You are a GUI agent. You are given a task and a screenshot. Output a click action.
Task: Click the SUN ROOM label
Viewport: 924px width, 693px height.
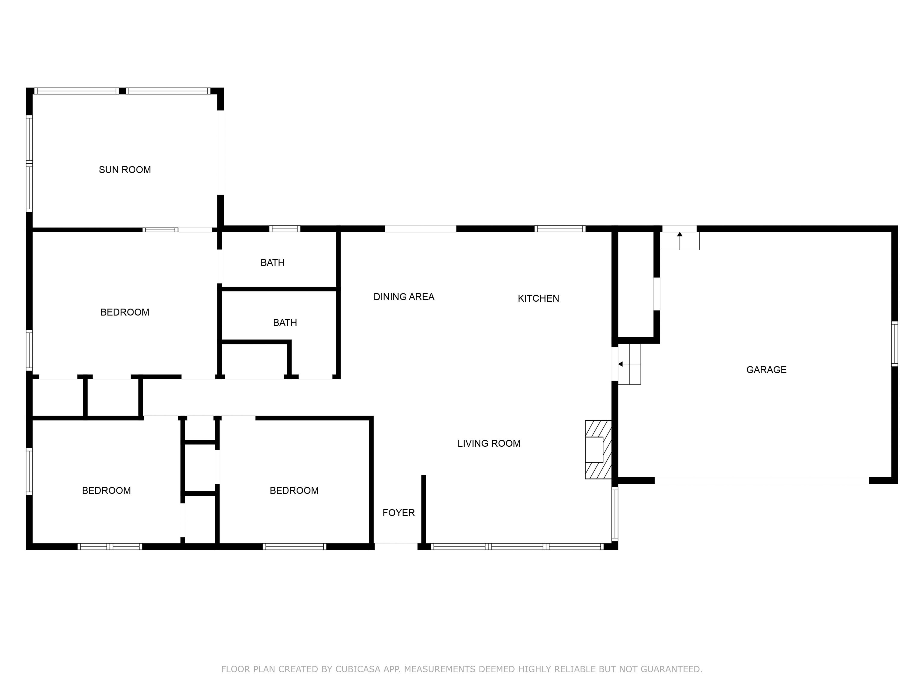(125, 170)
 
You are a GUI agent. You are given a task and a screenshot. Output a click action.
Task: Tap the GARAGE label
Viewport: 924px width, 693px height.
(766, 370)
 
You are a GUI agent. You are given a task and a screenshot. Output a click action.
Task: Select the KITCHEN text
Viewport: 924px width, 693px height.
(538, 298)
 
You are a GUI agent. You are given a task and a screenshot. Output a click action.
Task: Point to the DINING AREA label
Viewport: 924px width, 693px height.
(404, 297)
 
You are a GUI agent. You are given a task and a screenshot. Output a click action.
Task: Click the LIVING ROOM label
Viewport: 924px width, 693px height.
(489, 443)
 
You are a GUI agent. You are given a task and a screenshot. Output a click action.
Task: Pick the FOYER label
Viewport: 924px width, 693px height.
(399, 513)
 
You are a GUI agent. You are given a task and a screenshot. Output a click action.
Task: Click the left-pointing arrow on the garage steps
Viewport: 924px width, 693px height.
(629, 364)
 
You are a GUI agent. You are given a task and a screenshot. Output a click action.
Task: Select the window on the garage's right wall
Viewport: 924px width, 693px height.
(894, 344)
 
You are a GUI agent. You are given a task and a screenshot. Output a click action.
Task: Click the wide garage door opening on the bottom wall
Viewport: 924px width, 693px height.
(762, 480)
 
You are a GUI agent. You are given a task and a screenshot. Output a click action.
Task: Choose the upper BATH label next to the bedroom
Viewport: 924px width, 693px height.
(272, 262)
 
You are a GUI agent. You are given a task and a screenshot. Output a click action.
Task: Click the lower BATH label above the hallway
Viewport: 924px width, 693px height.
(285, 322)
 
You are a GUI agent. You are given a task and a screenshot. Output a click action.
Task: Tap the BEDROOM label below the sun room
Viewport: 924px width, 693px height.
(125, 312)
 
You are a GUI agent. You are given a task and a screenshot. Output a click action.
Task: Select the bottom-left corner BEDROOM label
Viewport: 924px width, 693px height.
(106, 490)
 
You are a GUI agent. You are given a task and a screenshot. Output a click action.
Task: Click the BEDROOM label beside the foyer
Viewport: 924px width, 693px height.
(294, 490)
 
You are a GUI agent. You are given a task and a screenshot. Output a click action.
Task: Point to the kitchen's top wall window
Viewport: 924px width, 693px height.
(560, 229)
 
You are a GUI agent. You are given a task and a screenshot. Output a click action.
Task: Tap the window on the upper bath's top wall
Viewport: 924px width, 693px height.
(285, 229)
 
